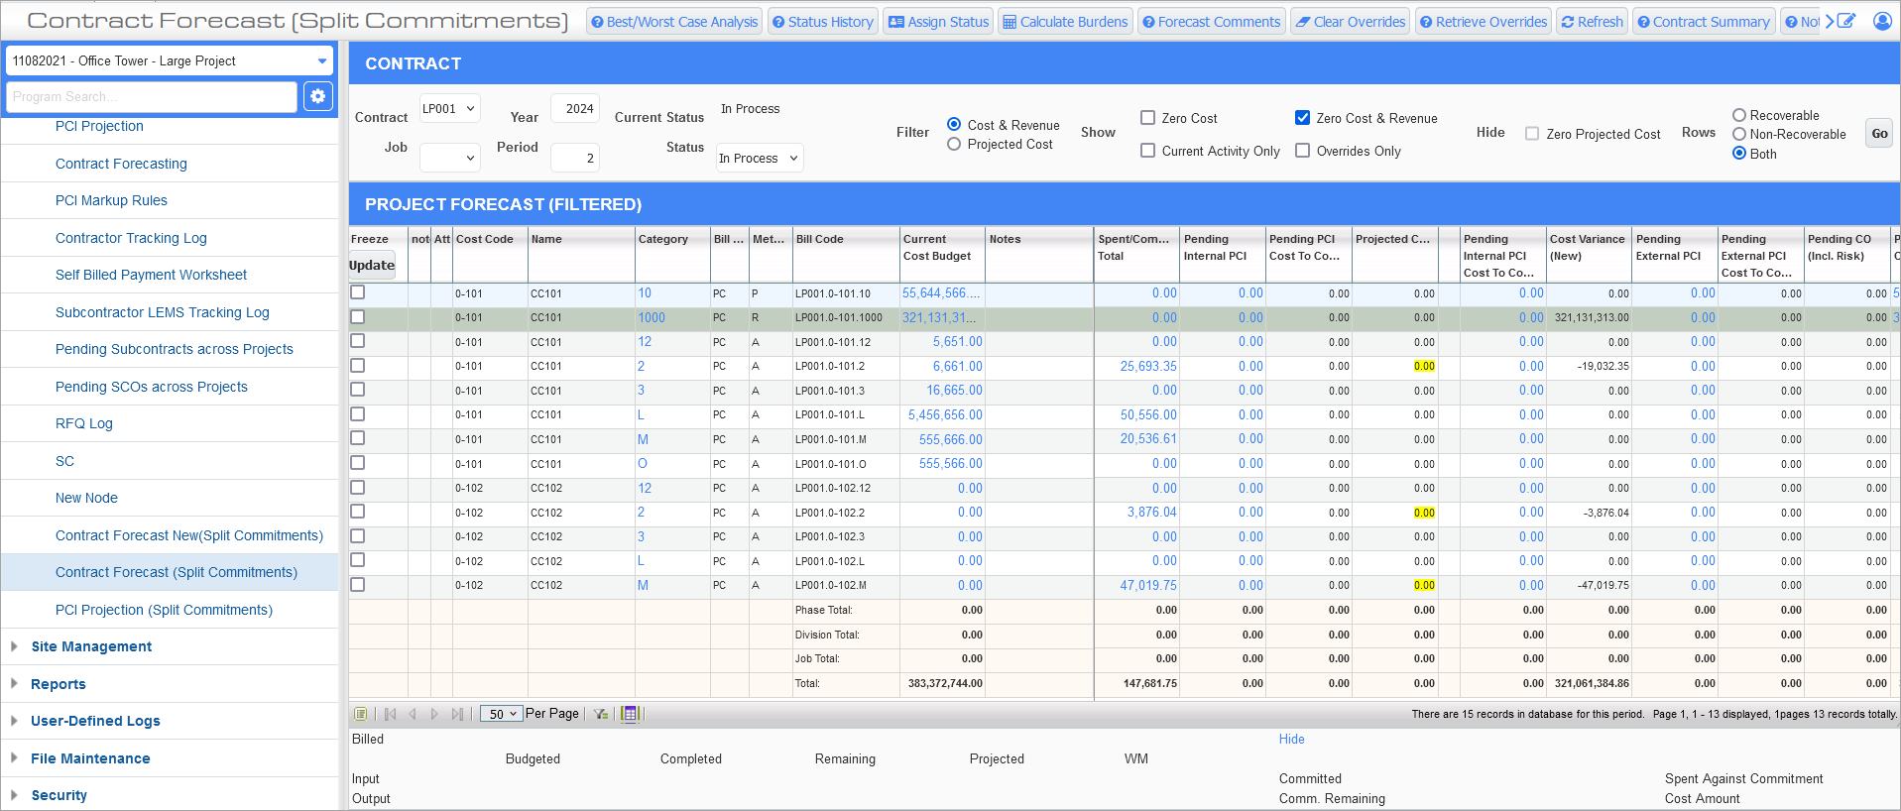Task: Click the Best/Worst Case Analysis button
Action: click(674, 22)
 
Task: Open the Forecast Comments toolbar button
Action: click(1211, 22)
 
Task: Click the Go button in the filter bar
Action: click(1879, 134)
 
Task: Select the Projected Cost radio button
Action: click(954, 145)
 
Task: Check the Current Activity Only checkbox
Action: click(1148, 151)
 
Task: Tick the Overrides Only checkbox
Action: click(1303, 151)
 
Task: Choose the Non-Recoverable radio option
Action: click(1739, 134)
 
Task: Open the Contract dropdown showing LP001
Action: click(449, 108)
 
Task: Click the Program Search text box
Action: click(152, 97)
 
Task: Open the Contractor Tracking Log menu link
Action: click(131, 238)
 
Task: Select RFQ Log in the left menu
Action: click(84, 423)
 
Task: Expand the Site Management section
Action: click(91, 646)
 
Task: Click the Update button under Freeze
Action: click(372, 265)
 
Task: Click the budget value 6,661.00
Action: click(957, 367)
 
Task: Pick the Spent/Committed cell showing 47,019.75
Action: click(1148, 586)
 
